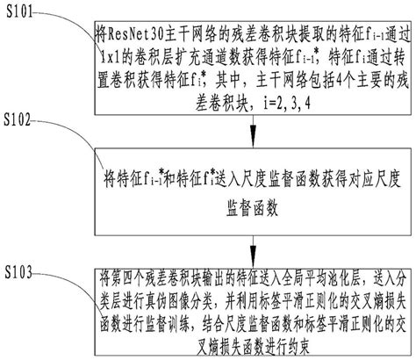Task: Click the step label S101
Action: pos(24,11)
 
